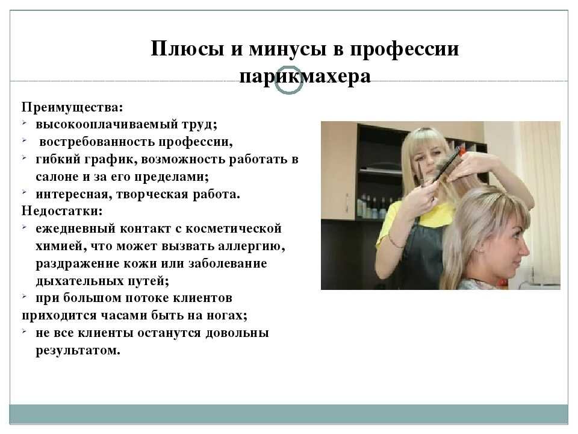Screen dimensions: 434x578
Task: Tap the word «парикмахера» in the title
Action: [x=305, y=77]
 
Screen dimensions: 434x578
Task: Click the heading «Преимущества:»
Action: [x=72, y=107]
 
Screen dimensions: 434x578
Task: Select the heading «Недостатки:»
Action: [x=62, y=211]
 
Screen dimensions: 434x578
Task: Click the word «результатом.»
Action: [x=78, y=350]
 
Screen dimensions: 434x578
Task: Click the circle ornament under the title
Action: [x=288, y=80]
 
